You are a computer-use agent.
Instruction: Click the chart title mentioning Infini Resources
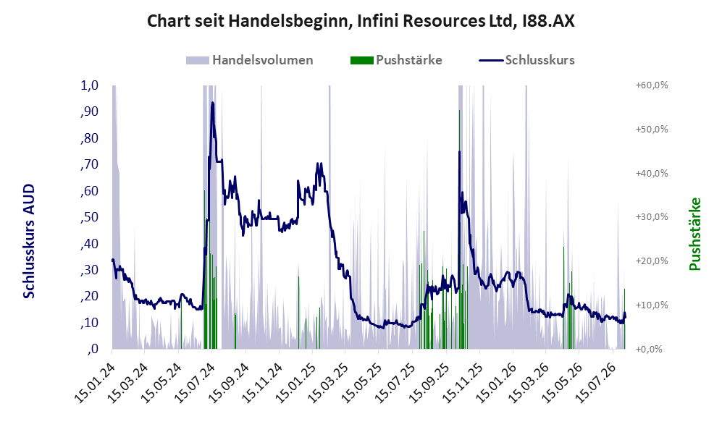(x=361, y=21)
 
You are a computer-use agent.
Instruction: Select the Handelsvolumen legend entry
(x=250, y=60)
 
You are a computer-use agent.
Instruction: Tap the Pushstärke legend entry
(x=396, y=60)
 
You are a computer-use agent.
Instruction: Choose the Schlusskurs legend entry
(x=526, y=60)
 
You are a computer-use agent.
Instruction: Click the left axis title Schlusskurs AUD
(x=29, y=241)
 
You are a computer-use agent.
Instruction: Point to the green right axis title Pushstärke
(x=694, y=234)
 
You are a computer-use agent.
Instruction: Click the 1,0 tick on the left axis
(x=89, y=85)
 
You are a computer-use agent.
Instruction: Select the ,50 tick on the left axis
(x=89, y=217)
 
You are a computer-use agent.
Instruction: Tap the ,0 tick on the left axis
(x=93, y=349)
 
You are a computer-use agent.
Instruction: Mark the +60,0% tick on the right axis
(x=652, y=85)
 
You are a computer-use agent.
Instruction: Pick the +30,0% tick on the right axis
(x=652, y=216)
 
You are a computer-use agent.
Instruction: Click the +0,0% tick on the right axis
(x=649, y=349)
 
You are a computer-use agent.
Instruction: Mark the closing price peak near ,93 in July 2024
(x=212, y=103)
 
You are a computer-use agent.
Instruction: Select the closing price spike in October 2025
(x=459, y=152)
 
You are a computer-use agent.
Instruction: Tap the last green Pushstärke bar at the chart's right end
(x=624, y=318)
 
